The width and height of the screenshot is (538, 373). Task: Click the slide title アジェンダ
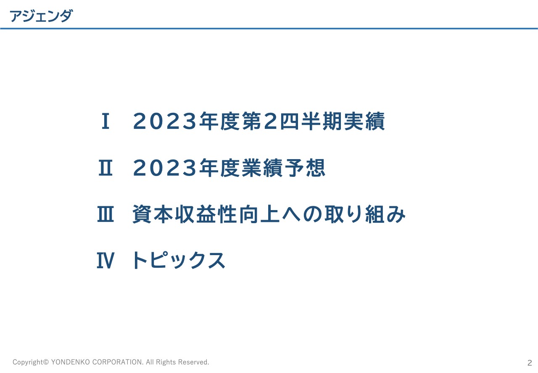click(41, 16)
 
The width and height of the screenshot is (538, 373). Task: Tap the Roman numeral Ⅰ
click(105, 122)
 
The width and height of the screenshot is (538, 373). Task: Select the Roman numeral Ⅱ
click(105, 168)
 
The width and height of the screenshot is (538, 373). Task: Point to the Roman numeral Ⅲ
click(105, 215)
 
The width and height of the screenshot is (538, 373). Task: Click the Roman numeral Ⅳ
click(105, 261)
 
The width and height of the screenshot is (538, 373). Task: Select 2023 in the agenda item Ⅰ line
click(165, 122)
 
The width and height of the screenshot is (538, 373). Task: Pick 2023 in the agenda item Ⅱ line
click(165, 168)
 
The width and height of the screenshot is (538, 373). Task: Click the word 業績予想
click(284, 168)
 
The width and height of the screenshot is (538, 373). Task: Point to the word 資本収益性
click(185, 215)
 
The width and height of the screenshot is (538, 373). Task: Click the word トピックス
click(179, 261)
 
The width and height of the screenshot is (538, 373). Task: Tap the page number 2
click(530, 363)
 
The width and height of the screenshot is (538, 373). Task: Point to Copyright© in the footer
click(31, 362)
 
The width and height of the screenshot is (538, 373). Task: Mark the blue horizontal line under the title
click(269, 29)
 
